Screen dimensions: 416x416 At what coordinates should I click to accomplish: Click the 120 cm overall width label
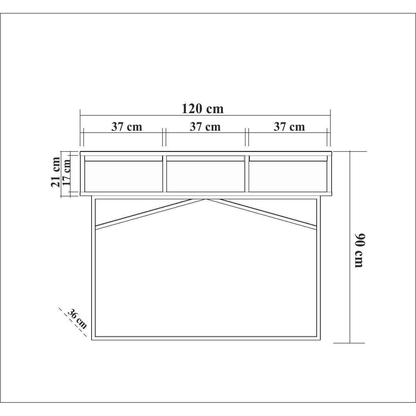click(203, 109)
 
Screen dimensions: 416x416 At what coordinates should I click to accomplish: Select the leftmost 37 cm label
click(127, 126)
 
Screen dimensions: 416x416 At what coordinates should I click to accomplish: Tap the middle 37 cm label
click(205, 126)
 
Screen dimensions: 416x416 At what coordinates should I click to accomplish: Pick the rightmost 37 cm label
click(289, 126)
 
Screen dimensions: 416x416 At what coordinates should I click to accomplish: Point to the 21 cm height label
click(55, 172)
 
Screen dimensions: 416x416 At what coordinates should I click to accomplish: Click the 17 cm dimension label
click(66, 172)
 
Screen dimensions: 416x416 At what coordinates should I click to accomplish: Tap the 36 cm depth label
click(77, 319)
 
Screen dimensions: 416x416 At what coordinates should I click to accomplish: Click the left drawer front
click(124, 176)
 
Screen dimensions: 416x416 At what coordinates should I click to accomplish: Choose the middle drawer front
click(206, 176)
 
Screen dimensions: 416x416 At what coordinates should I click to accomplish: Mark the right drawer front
click(288, 176)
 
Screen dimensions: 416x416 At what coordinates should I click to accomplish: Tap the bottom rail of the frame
click(206, 338)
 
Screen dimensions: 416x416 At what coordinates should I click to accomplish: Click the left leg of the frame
click(93, 269)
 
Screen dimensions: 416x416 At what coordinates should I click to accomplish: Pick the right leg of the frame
click(318, 269)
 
